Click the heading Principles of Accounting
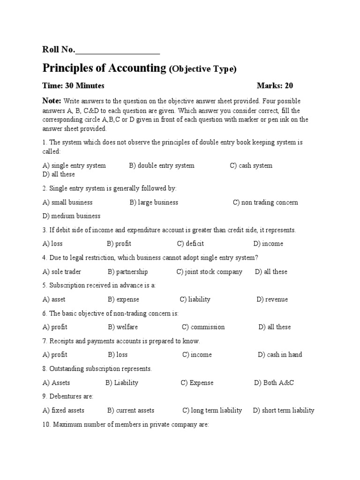tap(105, 68)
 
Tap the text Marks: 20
tap(275, 86)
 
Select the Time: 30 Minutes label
tap(74, 86)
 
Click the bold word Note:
tap(52, 101)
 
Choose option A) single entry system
tap(74, 165)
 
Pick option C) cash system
tap(251, 165)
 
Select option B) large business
tap(154, 202)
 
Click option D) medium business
tap(71, 216)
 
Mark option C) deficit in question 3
tap(190, 244)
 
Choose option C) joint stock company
tap(210, 272)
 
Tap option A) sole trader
tap(61, 272)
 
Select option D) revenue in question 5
tap(272, 300)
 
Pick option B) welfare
tap(123, 327)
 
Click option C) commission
tap(203, 327)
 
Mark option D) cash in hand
tap(280, 355)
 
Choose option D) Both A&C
tap(274, 383)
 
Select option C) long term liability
tap(212, 411)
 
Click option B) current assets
tap(131, 411)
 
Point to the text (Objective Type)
tap(202, 69)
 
